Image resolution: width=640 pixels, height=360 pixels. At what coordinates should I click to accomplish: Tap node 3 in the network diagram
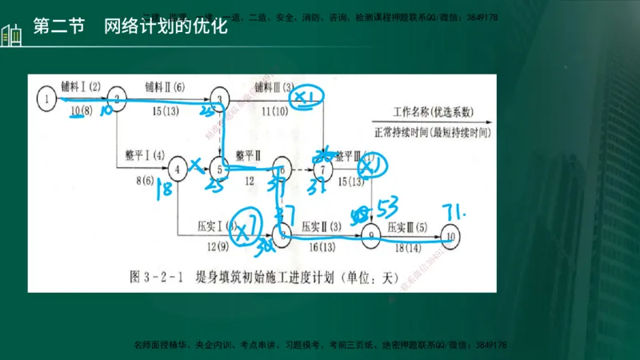[x=217, y=98]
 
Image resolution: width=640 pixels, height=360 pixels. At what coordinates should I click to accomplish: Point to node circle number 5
[x=218, y=168]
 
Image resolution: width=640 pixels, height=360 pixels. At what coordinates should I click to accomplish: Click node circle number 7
[x=322, y=169]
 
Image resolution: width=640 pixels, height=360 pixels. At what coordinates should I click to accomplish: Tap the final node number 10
[x=453, y=237]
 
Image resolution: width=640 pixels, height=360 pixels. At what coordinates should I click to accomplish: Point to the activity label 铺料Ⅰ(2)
[x=82, y=86]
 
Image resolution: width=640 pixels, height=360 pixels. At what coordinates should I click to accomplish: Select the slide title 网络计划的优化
[x=166, y=27]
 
